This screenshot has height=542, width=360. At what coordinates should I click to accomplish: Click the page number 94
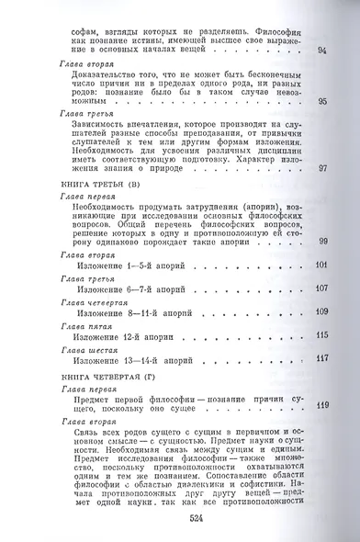(x=321, y=51)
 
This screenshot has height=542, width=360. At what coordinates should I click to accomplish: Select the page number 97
(x=321, y=168)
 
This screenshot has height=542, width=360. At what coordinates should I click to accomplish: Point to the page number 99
(x=321, y=241)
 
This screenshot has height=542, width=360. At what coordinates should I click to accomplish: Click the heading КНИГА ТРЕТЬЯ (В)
(x=89, y=185)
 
